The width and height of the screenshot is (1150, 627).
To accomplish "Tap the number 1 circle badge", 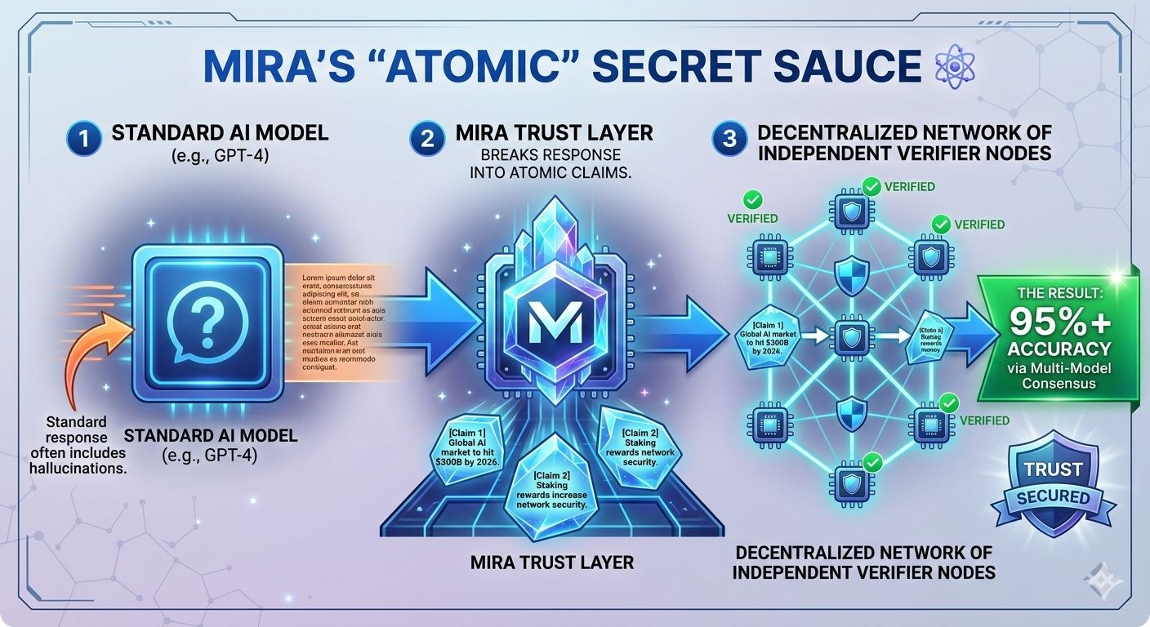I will (85, 137).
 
